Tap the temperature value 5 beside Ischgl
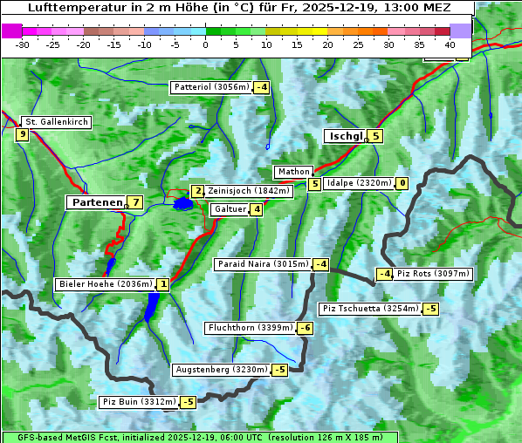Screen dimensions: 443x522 [375, 136]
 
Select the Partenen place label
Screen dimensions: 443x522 [97, 202]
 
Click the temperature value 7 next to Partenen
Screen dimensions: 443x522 [134, 202]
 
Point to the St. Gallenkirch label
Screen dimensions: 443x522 [57, 122]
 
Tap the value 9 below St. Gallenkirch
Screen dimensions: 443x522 [22, 134]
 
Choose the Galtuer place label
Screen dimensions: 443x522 [230, 209]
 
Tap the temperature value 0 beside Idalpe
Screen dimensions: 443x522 [402, 183]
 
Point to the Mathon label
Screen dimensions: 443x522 [292, 172]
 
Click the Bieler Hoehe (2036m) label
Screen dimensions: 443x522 [105, 284]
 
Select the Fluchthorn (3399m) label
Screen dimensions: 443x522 [250, 328]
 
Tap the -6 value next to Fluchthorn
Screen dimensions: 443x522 [305, 328]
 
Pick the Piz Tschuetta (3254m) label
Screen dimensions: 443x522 [370, 308]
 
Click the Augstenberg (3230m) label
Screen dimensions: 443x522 [222, 370]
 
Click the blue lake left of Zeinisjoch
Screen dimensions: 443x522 [182, 204]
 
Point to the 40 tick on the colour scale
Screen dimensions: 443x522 [450, 44]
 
